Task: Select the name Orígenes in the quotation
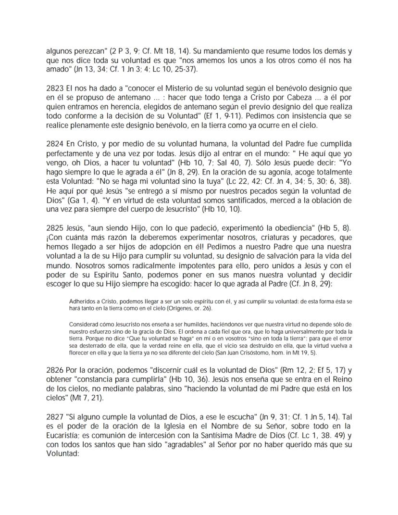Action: (196, 308)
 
